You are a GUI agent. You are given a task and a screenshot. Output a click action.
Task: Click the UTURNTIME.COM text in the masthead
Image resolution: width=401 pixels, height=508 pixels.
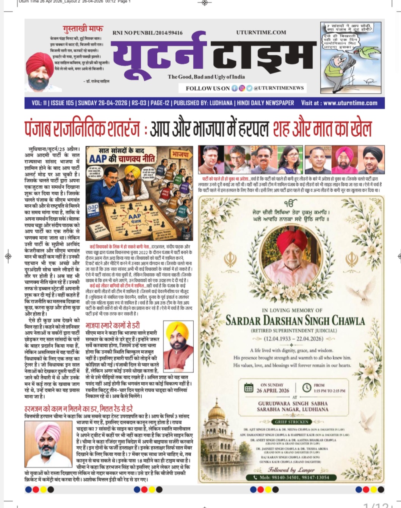pos(261,33)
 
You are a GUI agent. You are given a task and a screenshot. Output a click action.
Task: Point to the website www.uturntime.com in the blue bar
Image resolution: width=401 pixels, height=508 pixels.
pos(350,103)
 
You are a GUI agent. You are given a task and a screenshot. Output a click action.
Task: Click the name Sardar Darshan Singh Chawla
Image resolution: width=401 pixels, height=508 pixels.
pos(295,321)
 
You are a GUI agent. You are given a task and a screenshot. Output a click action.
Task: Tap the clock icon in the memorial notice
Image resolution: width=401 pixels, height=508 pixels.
pos(307,387)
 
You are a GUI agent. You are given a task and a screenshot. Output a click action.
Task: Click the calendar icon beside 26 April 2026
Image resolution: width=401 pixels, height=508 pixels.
pos(249,387)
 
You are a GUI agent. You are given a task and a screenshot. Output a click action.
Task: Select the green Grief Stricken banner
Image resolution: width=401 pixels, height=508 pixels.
pos(292,422)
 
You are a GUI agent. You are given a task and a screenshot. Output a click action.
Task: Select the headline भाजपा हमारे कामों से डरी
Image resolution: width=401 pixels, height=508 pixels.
pos(113,325)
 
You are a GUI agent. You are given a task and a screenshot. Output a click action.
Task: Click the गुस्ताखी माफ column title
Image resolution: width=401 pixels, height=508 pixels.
pos(83,29)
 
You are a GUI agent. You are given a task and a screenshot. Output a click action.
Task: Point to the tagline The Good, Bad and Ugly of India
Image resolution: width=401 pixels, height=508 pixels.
pos(206,77)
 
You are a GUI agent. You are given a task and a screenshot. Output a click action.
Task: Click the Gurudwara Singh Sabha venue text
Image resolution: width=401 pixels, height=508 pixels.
pos(293,406)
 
